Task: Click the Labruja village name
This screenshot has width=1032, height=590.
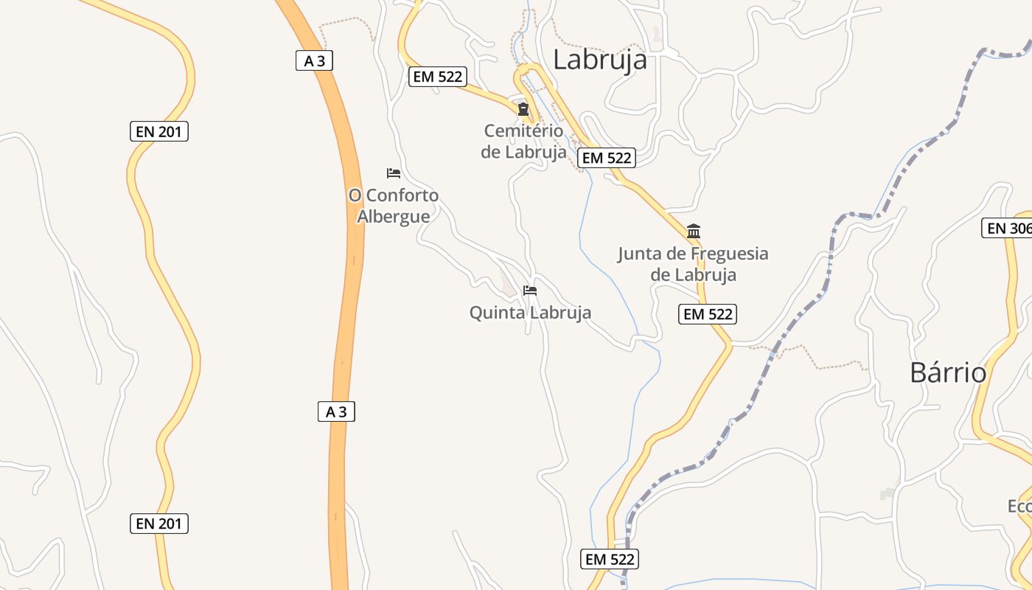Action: [600, 60]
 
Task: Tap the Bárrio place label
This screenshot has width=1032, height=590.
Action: [948, 372]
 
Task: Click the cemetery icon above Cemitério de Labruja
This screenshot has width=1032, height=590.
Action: [523, 110]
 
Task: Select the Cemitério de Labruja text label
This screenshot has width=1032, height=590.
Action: [523, 142]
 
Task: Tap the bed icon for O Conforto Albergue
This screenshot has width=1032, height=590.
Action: [394, 173]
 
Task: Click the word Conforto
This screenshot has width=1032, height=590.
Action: [402, 195]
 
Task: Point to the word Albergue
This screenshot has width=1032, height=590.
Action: [394, 216]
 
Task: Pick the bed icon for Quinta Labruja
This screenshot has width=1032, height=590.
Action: [529, 291]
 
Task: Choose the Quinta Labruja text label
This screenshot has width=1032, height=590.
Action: [530, 313]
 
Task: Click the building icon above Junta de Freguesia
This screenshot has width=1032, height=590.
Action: [693, 232]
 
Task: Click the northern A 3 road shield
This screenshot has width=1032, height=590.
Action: [315, 60]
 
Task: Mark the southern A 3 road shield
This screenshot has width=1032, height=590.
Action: [337, 412]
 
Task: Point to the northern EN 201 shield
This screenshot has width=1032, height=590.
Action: [158, 132]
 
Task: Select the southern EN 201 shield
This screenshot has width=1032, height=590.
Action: [158, 524]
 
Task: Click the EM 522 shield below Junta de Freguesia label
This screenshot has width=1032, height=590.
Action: [708, 314]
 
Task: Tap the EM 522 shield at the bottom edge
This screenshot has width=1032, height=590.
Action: [610, 559]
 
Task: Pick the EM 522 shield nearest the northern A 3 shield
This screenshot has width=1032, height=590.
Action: [438, 76]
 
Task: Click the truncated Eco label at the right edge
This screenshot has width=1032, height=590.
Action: [1019, 507]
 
